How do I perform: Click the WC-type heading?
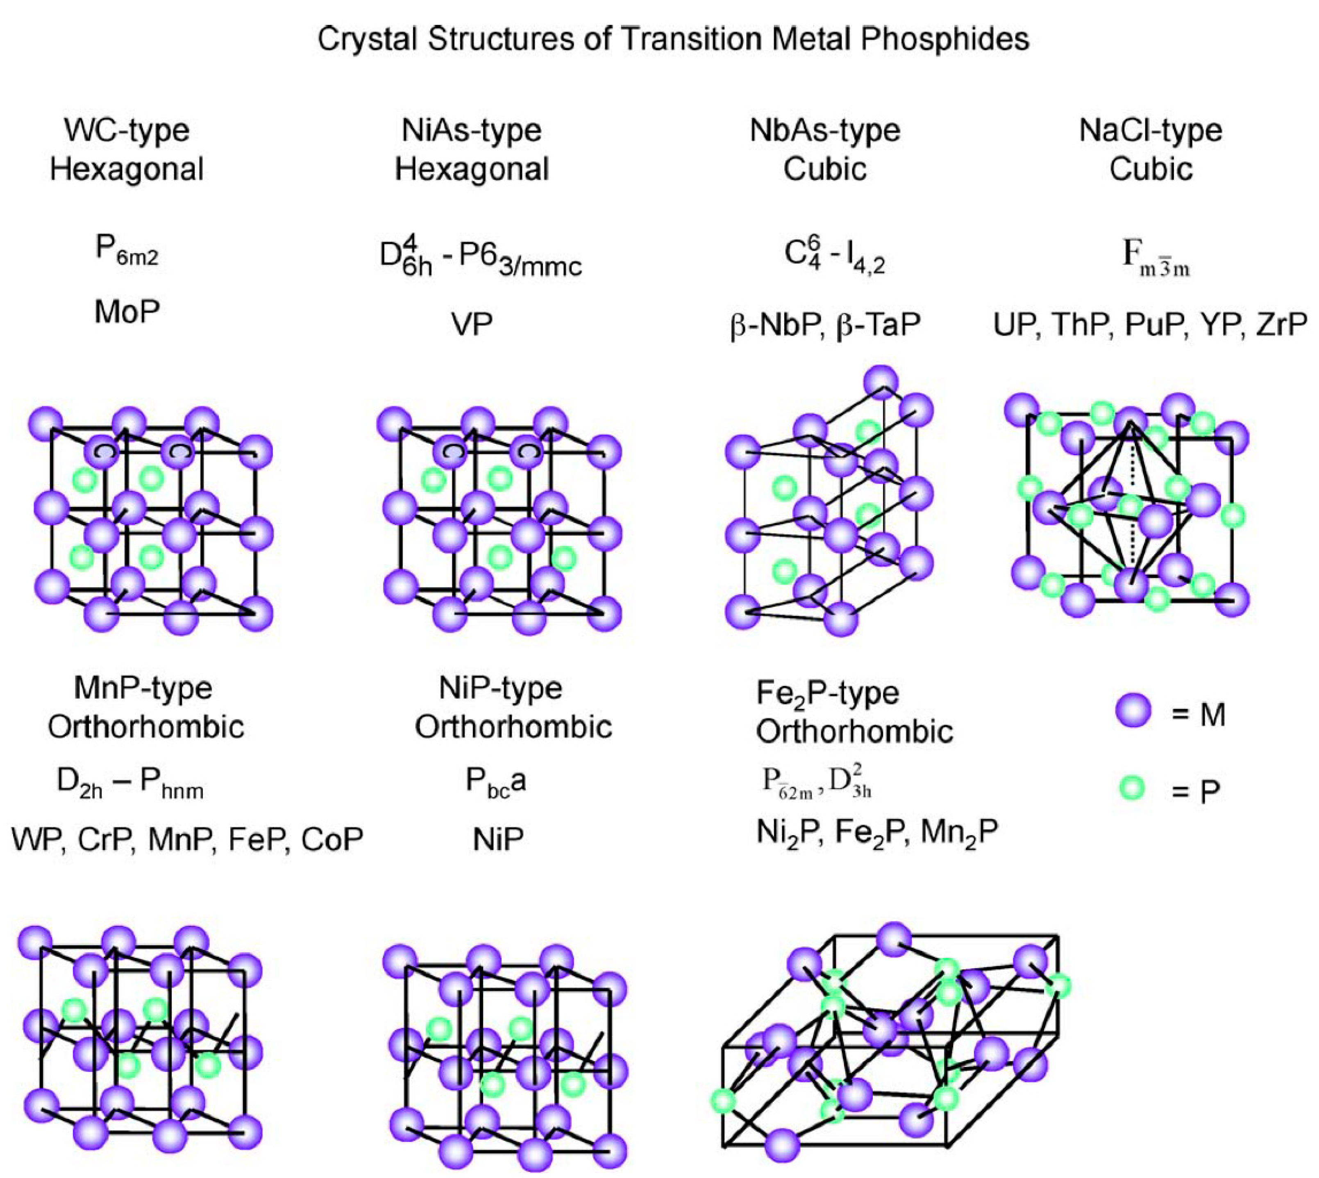click(x=127, y=130)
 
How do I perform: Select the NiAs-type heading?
click(x=472, y=130)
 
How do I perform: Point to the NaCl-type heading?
click(x=1151, y=130)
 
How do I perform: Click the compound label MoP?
click(x=127, y=312)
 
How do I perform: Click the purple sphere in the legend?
click(x=1133, y=710)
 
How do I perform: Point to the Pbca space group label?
click(x=496, y=782)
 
